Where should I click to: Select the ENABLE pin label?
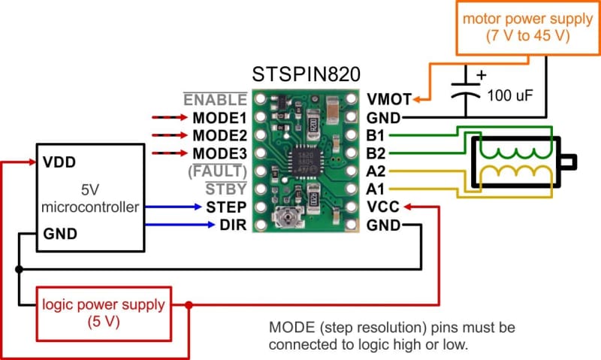[215, 99]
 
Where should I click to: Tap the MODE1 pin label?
[219, 117]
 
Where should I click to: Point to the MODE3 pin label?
[219, 153]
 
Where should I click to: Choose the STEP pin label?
[225, 207]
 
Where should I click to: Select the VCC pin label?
[383, 207]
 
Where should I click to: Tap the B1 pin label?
[376, 135]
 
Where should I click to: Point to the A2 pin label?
[376, 171]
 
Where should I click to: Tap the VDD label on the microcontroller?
[59, 162]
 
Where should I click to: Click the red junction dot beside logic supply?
[189, 305]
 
